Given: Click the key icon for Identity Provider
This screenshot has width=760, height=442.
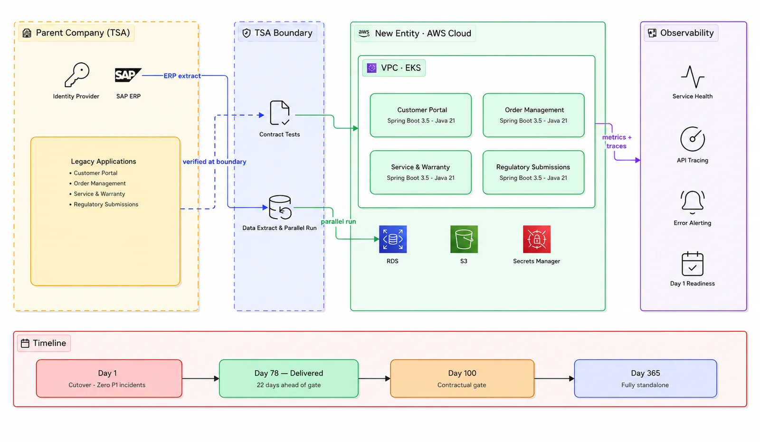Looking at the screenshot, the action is (x=76, y=75).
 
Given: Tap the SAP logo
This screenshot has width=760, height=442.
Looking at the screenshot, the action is (x=128, y=75).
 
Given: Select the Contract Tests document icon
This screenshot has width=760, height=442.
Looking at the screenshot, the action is (x=280, y=113).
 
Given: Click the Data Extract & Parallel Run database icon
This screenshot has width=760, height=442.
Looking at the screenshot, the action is (x=280, y=207).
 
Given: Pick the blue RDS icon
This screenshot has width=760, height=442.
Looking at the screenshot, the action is (x=392, y=239).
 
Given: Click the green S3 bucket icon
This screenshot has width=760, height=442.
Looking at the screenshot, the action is (x=464, y=239).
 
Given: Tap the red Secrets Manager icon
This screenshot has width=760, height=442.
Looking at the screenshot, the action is (x=536, y=239).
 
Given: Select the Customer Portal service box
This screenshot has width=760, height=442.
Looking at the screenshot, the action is (x=421, y=115).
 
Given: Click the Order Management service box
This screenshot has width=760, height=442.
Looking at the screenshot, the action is (x=533, y=115).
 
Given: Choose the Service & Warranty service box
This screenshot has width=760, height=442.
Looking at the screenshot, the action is (x=421, y=173).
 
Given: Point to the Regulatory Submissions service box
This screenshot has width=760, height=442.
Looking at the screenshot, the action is (x=533, y=173).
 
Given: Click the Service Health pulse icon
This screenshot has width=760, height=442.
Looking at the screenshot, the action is (x=693, y=77).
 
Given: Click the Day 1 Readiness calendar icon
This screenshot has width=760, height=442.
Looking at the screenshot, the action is (x=693, y=264).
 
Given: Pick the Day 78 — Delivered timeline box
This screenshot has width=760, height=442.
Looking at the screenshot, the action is (x=289, y=378).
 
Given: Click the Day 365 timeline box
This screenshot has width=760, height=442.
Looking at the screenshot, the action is (x=646, y=378).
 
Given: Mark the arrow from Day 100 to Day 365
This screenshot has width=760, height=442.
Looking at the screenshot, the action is (x=554, y=378).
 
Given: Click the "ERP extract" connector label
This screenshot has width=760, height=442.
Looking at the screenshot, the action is (x=182, y=76).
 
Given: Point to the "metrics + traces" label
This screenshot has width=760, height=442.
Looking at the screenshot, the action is (x=617, y=142).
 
